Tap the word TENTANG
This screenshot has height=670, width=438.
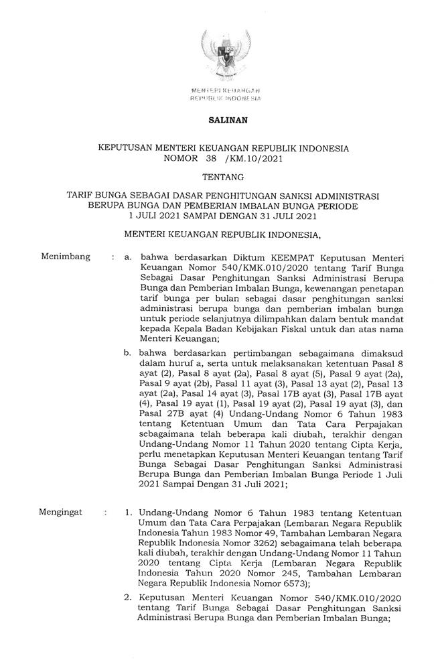click(219, 178)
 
